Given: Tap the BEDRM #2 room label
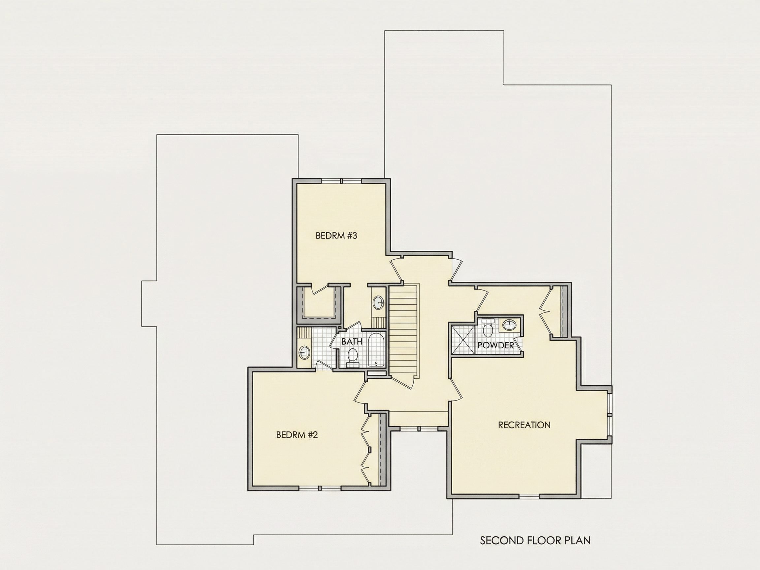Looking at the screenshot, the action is coord(297,435).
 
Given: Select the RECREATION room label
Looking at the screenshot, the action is coord(524,425).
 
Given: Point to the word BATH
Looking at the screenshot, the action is coord(352,341).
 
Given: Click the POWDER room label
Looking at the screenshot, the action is coord(496,345).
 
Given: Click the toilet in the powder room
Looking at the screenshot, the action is coord(488,328).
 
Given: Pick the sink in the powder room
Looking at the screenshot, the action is coord(509,324).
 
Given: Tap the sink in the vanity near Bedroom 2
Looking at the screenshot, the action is coord(304,353).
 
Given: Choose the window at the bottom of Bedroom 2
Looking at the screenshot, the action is coord(320,488).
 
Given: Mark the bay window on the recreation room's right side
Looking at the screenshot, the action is coord(610,415).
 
